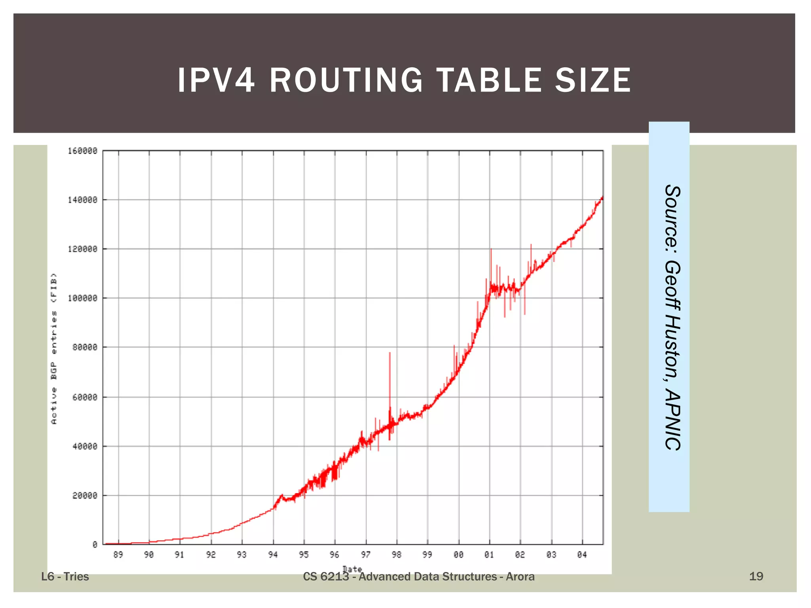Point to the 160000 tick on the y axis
pos(82,151)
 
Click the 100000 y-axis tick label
pos(82,298)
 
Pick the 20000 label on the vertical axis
pos(85,496)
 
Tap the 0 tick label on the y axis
pos(95,545)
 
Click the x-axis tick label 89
pos(118,555)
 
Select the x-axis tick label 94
pos(273,555)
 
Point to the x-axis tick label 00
pos(459,555)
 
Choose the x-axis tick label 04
pos(582,555)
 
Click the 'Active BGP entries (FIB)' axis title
pos(54,348)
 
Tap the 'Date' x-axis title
pos(352,569)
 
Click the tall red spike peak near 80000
pos(390,353)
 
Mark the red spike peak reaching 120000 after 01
pos(491,249)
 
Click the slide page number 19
pos(756,576)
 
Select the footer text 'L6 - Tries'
pos(65,577)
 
